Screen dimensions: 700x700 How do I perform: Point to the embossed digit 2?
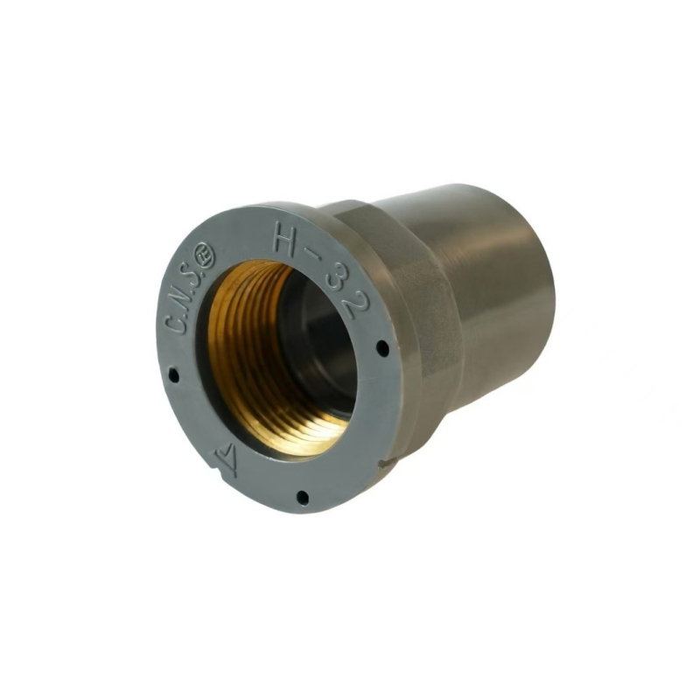(355, 304)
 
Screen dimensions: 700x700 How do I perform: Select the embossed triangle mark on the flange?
(227, 453)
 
